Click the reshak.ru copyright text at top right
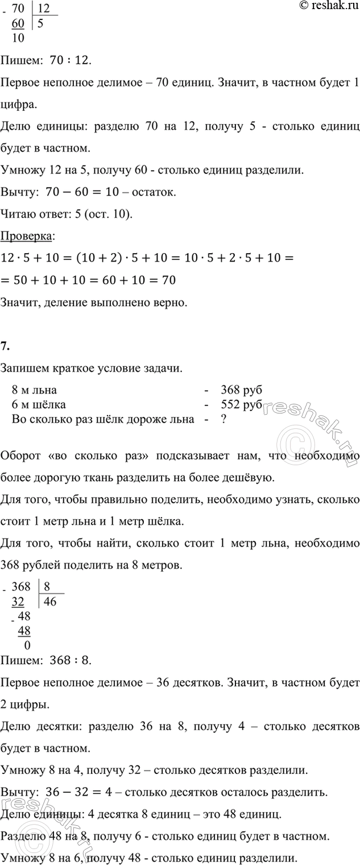pos(326,6)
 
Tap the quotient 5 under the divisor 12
pos(41,24)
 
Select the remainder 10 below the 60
pos(18,39)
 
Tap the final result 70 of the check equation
pos(167,279)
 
